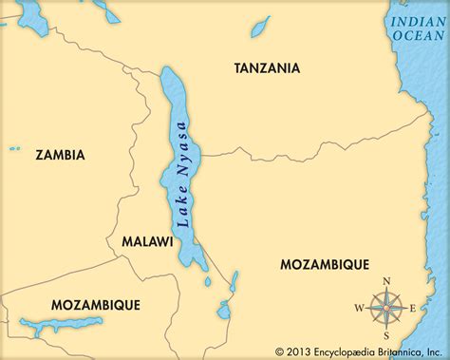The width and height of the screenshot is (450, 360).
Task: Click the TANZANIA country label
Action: [x=268, y=68]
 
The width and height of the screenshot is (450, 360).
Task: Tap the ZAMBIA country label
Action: [x=59, y=154]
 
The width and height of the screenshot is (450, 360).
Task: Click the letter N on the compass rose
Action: [x=385, y=280]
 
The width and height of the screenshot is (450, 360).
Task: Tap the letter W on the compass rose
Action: [x=359, y=307]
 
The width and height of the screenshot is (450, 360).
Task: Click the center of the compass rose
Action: [x=385, y=306]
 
